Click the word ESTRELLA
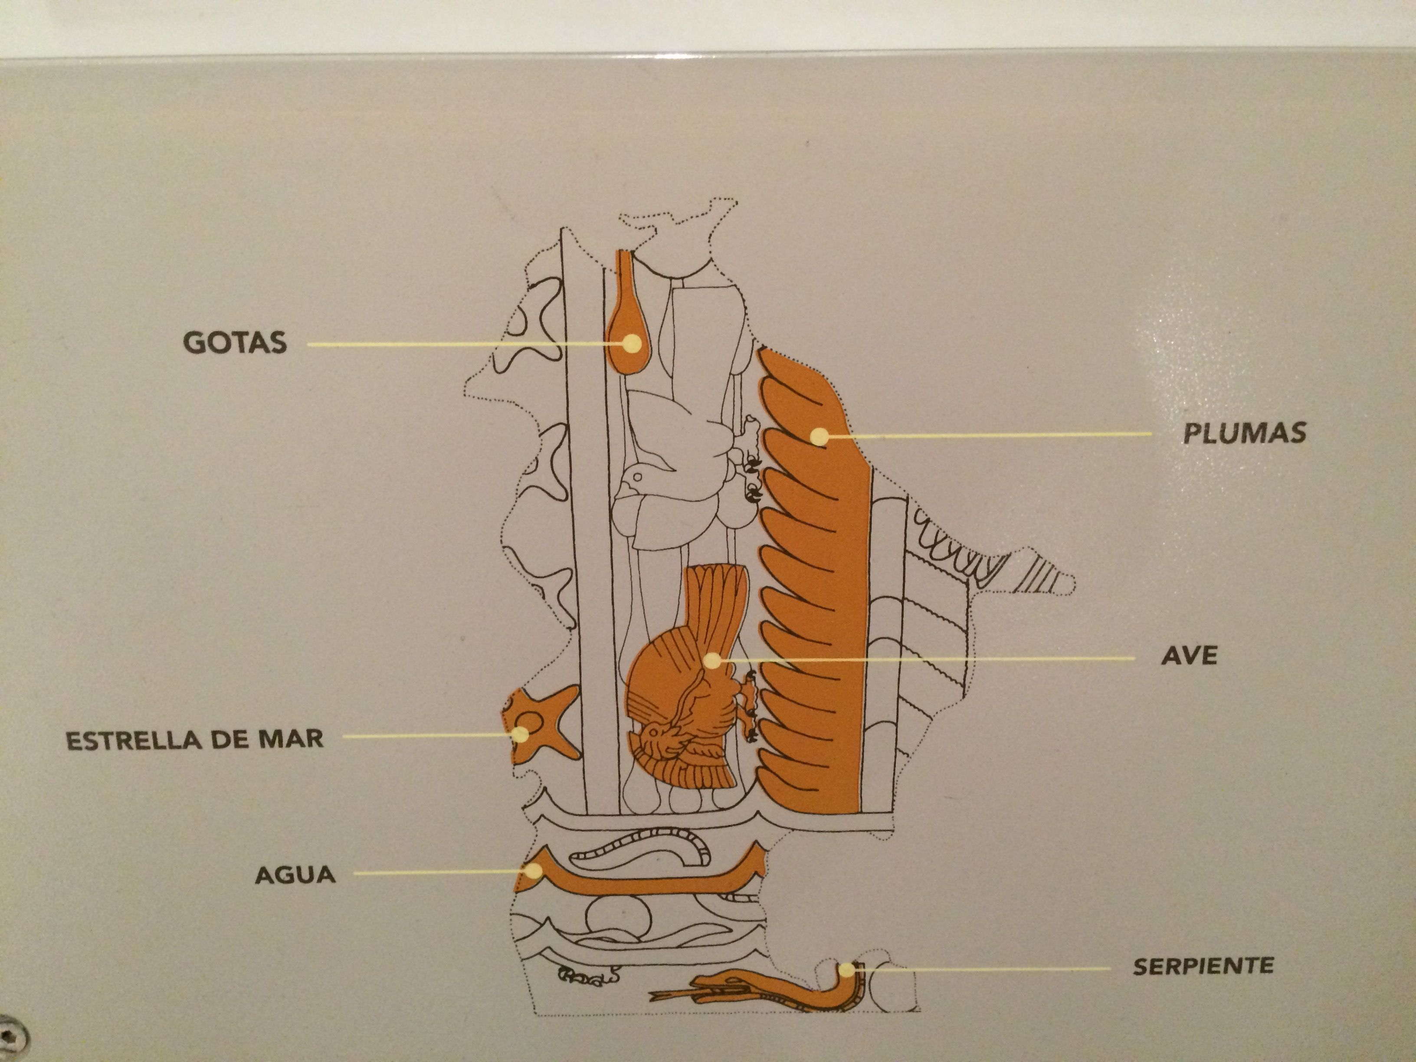pyautogui.click(x=132, y=741)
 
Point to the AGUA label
pyautogui.click(x=295, y=875)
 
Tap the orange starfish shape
pyautogui.click(x=543, y=723)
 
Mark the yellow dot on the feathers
pyautogui.click(x=818, y=436)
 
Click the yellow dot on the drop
pyautogui.click(x=633, y=343)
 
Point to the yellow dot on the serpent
pyautogui.click(x=846, y=969)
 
